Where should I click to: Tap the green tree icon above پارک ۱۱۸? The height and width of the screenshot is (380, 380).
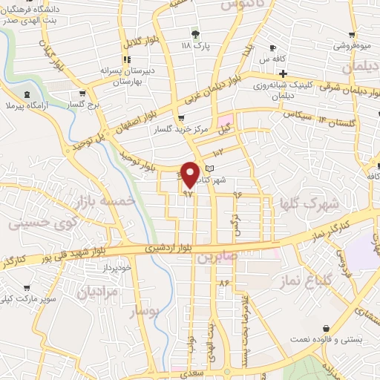[x=195, y=34]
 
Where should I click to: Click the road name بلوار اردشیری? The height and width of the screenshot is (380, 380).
[x=168, y=246]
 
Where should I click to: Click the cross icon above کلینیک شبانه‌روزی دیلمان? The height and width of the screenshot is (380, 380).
[x=282, y=73]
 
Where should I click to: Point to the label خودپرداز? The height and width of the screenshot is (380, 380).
[x=117, y=266]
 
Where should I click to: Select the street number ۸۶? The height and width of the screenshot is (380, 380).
[x=223, y=283]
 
